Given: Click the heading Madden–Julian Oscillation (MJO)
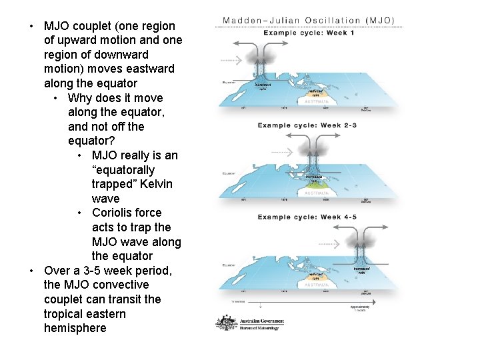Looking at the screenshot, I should [308, 21].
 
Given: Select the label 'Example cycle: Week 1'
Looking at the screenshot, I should [308, 33].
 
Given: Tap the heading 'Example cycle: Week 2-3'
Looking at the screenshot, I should [308, 125].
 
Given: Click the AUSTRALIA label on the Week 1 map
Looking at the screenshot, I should [317, 101].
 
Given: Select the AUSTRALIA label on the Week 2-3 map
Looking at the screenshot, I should [317, 193].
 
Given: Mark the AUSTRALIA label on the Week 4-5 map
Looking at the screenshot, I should [317, 284].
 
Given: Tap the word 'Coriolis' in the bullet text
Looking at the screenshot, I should [113, 213].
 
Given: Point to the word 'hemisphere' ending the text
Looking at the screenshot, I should [75, 328].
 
